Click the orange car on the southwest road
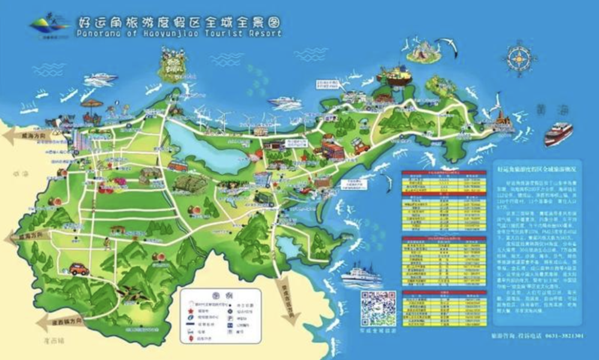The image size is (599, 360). click(x=78, y=270)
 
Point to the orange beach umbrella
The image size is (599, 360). click(x=91, y=104)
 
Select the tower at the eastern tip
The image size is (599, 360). click(x=507, y=122)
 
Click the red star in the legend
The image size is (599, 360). click(x=191, y=312)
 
